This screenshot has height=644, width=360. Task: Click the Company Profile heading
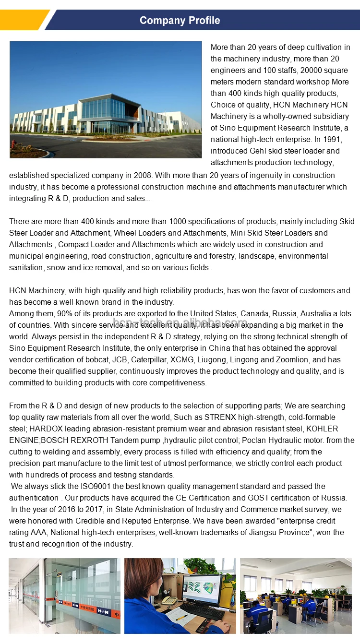[x=180, y=20]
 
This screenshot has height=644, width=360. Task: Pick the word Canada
[x=254, y=313]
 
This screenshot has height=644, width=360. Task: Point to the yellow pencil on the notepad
[x=181, y=618]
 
